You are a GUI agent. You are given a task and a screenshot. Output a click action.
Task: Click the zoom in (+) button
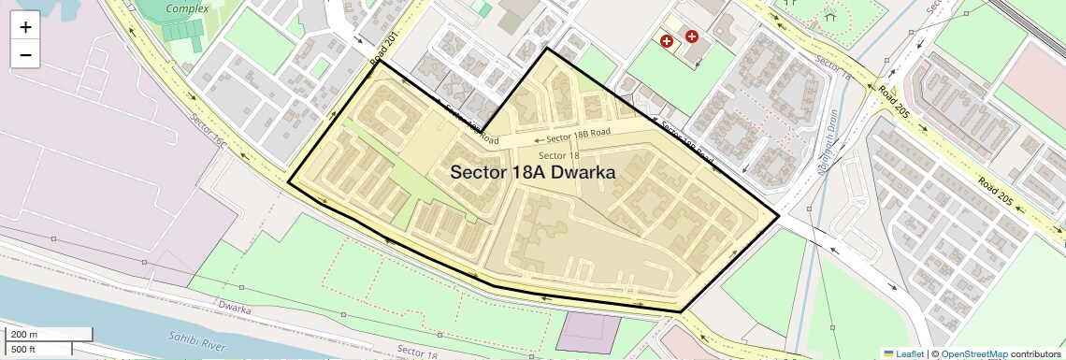(x=25, y=27)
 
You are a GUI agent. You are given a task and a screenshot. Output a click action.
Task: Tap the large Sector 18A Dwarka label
(x=533, y=172)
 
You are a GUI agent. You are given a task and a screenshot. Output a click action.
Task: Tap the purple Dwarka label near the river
(x=235, y=306)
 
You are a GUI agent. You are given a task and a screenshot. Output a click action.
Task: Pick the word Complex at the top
(x=187, y=8)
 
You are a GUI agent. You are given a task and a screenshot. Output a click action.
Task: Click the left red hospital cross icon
(x=667, y=41)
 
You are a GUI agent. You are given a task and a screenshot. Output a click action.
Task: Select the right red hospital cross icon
(x=692, y=36)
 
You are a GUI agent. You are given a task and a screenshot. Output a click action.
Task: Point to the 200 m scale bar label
(x=25, y=334)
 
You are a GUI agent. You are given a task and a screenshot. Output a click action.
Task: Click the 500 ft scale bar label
(x=23, y=349)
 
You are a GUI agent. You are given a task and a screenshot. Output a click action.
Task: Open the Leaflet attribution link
(x=903, y=353)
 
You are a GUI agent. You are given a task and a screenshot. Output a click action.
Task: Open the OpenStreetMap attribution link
(x=973, y=353)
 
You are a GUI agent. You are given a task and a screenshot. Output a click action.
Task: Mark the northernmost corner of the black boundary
(x=547, y=49)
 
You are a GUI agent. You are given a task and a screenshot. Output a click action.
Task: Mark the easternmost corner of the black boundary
(x=779, y=215)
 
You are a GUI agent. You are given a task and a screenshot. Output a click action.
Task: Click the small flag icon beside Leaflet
(x=889, y=353)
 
